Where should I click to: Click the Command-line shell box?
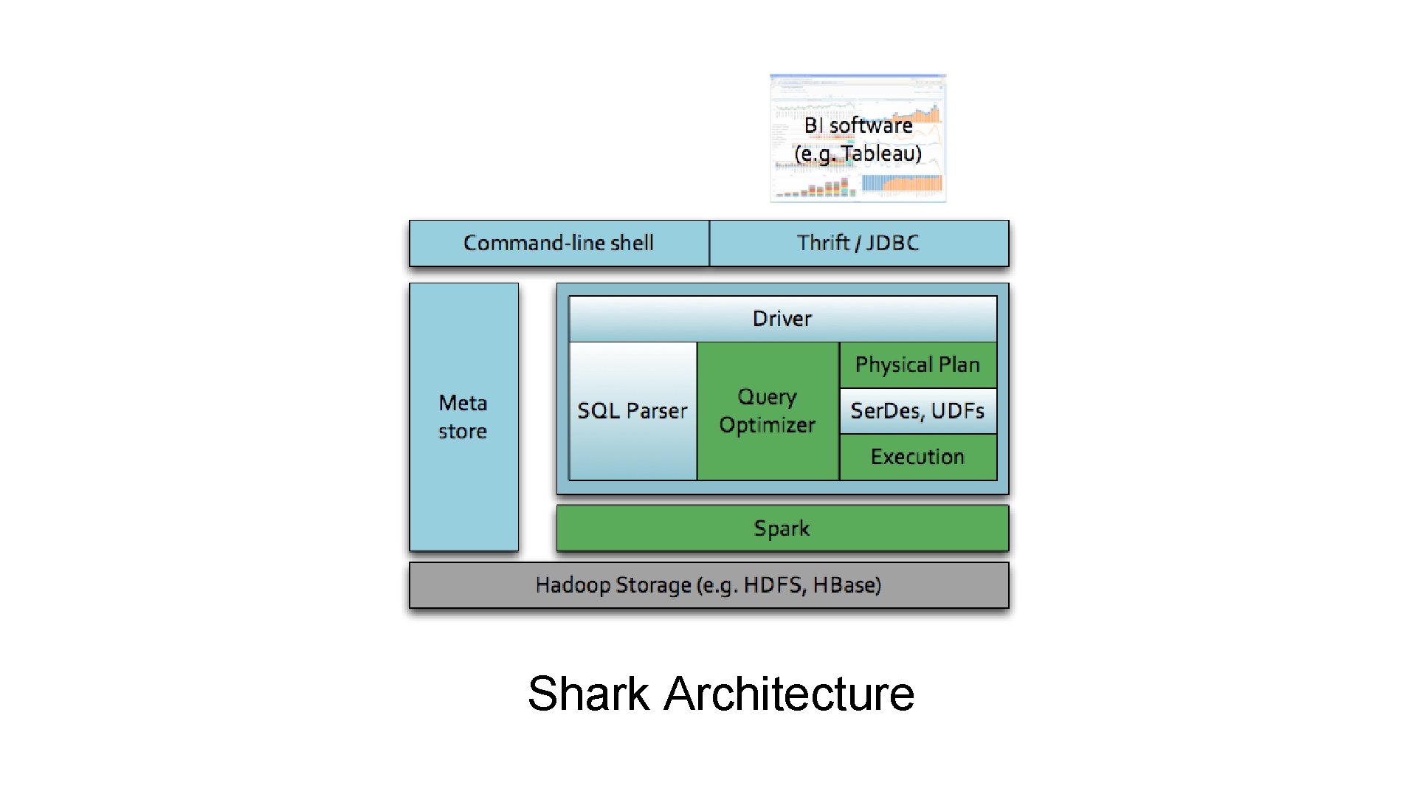coord(559,243)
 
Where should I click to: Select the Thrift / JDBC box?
coord(858,243)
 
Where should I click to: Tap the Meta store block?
coord(463,417)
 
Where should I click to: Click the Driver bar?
coord(782,319)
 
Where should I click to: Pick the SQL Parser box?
coord(632,411)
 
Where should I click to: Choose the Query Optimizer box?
coord(768,411)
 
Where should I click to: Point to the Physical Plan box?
coord(917,365)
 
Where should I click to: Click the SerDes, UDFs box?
coord(917,411)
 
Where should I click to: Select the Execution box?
coord(917,457)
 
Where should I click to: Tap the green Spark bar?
coord(782,528)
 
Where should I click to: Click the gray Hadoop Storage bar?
coord(708,585)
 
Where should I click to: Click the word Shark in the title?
coord(588,694)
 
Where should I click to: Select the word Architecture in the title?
coord(789,694)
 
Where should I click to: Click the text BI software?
coord(858,125)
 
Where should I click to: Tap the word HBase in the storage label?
coord(847,585)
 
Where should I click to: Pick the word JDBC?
coord(892,243)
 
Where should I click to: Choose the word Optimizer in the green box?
coord(768,426)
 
